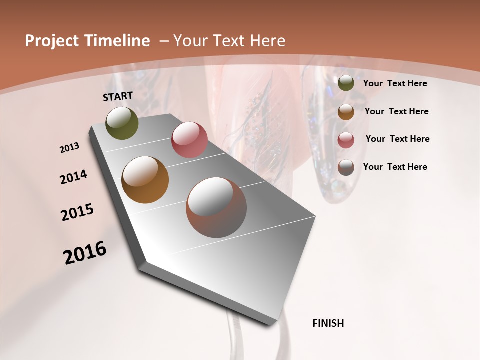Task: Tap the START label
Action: [x=118, y=96]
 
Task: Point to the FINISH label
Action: [x=328, y=323]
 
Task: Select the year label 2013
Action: [x=70, y=148]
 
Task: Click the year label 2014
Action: [x=73, y=177]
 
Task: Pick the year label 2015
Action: [x=77, y=212]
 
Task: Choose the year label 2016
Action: [x=85, y=253]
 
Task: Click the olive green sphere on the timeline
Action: [x=122, y=123]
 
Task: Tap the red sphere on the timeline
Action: [x=189, y=140]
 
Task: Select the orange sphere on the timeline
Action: [x=145, y=180]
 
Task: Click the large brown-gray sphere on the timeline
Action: [x=216, y=207]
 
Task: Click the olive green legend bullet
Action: [x=346, y=83]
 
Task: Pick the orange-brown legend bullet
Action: [x=346, y=112]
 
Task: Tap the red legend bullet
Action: [x=346, y=140]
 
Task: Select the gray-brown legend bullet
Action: [x=346, y=167]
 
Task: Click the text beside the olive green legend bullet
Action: [x=395, y=83]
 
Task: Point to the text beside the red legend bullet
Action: [x=397, y=139]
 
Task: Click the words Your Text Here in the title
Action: [x=228, y=41]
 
